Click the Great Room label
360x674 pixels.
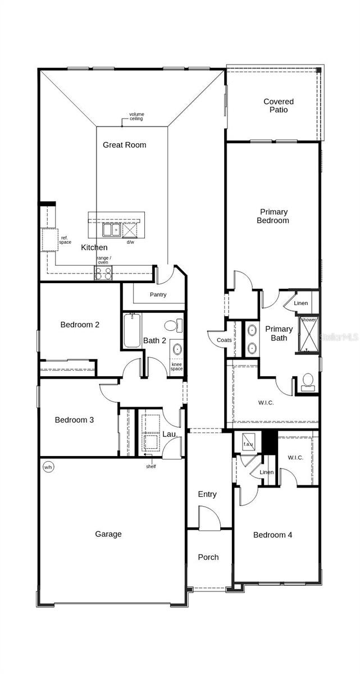[x=124, y=145]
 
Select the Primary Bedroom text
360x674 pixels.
[x=273, y=216]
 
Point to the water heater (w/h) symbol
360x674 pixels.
[x=48, y=467]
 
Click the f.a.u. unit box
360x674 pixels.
[x=248, y=441]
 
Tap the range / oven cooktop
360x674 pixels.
[x=103, y=273]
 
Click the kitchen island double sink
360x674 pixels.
[x=111, y=230]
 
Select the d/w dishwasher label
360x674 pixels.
[x=130, y=242]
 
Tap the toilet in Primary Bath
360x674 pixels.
[x=307, y=381]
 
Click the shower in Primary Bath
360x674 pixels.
[x=308, y=335]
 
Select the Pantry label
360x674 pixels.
[x=158, y=294]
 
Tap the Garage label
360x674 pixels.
[x=108, y=534]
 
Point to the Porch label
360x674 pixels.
[x=208, y=557]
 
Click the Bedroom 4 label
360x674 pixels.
[x=272, y=535]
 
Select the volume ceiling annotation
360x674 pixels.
[x=136, y=116]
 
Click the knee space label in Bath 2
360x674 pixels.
[x=177, y=367]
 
